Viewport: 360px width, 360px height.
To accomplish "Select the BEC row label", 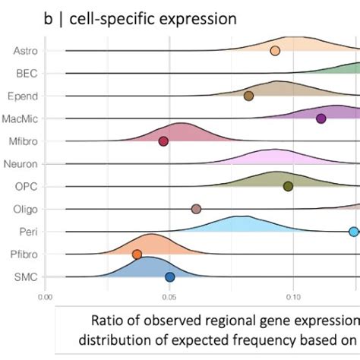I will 27,73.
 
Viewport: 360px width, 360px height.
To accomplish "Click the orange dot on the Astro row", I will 275,50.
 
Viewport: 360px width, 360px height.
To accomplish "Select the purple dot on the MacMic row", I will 321,118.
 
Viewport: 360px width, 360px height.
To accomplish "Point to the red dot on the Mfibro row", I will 163,141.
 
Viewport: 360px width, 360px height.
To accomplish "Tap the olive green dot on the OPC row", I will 288,186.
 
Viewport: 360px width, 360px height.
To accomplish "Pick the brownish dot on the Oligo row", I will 196,209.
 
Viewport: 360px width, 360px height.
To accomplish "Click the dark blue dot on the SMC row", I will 170,277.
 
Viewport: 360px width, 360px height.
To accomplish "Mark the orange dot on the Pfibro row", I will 137,254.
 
